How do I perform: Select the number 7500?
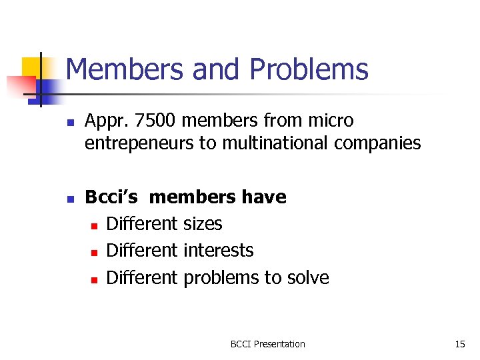[x=154, y=121]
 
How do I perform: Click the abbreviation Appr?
[x=106, y=121]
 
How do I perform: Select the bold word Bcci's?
[x=111, y=197]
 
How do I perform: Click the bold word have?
[x=264, y=197]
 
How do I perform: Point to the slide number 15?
[x=459, y=344]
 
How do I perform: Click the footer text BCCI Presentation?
[x=267, y=344]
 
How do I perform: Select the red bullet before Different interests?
[x=94, y=252]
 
